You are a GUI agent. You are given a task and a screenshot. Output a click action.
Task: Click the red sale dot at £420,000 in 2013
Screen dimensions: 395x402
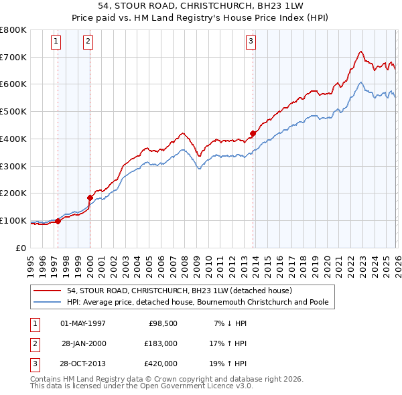click(x=253, y=133)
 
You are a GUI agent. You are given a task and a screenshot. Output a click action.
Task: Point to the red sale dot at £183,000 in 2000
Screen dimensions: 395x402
click(x=90, y=197)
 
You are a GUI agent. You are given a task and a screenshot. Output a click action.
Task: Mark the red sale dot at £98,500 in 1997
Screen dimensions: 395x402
click(x=58, y=220)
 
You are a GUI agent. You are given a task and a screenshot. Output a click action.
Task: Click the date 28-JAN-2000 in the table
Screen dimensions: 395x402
click(x=84, y=343)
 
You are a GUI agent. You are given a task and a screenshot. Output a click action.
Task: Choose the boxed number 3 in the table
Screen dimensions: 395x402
click(x=34, y=364)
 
